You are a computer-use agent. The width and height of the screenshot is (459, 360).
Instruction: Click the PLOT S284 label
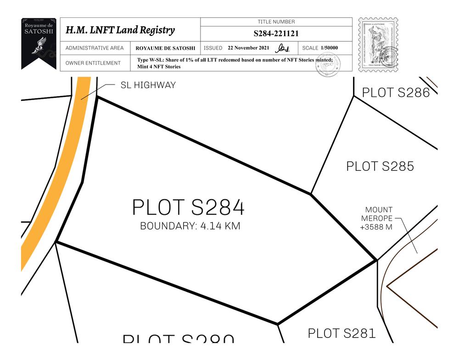pos(188,208)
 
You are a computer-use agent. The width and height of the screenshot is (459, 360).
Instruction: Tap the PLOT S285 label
pos(380,166)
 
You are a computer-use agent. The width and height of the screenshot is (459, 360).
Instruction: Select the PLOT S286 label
pos(396,92)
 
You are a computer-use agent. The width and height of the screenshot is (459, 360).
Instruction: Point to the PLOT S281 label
pos(341,333)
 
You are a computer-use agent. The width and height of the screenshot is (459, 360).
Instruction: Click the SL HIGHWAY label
pos(148,85)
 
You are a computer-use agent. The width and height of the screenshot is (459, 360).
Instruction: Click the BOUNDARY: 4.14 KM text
pos(190,226)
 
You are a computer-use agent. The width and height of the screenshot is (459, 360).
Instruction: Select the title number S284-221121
pos(276,34)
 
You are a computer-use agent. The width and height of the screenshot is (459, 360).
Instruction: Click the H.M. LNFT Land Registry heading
pos(120,30)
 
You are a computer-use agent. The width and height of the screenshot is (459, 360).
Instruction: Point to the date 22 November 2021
pos(248,48)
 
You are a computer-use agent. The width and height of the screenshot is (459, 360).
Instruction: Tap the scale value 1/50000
pos(330,48)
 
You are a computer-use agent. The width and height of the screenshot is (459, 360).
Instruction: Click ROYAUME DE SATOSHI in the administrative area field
pos(165,48)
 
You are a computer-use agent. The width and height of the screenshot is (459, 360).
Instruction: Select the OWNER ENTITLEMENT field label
pos(93,63)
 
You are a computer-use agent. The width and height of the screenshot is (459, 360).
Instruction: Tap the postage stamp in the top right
pos(378,45)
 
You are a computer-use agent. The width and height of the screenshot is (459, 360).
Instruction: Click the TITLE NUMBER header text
pos(276,22)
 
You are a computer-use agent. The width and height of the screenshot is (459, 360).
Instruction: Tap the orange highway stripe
pos(50,179)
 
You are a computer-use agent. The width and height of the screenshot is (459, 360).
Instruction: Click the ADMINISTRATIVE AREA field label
pos(95,48)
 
